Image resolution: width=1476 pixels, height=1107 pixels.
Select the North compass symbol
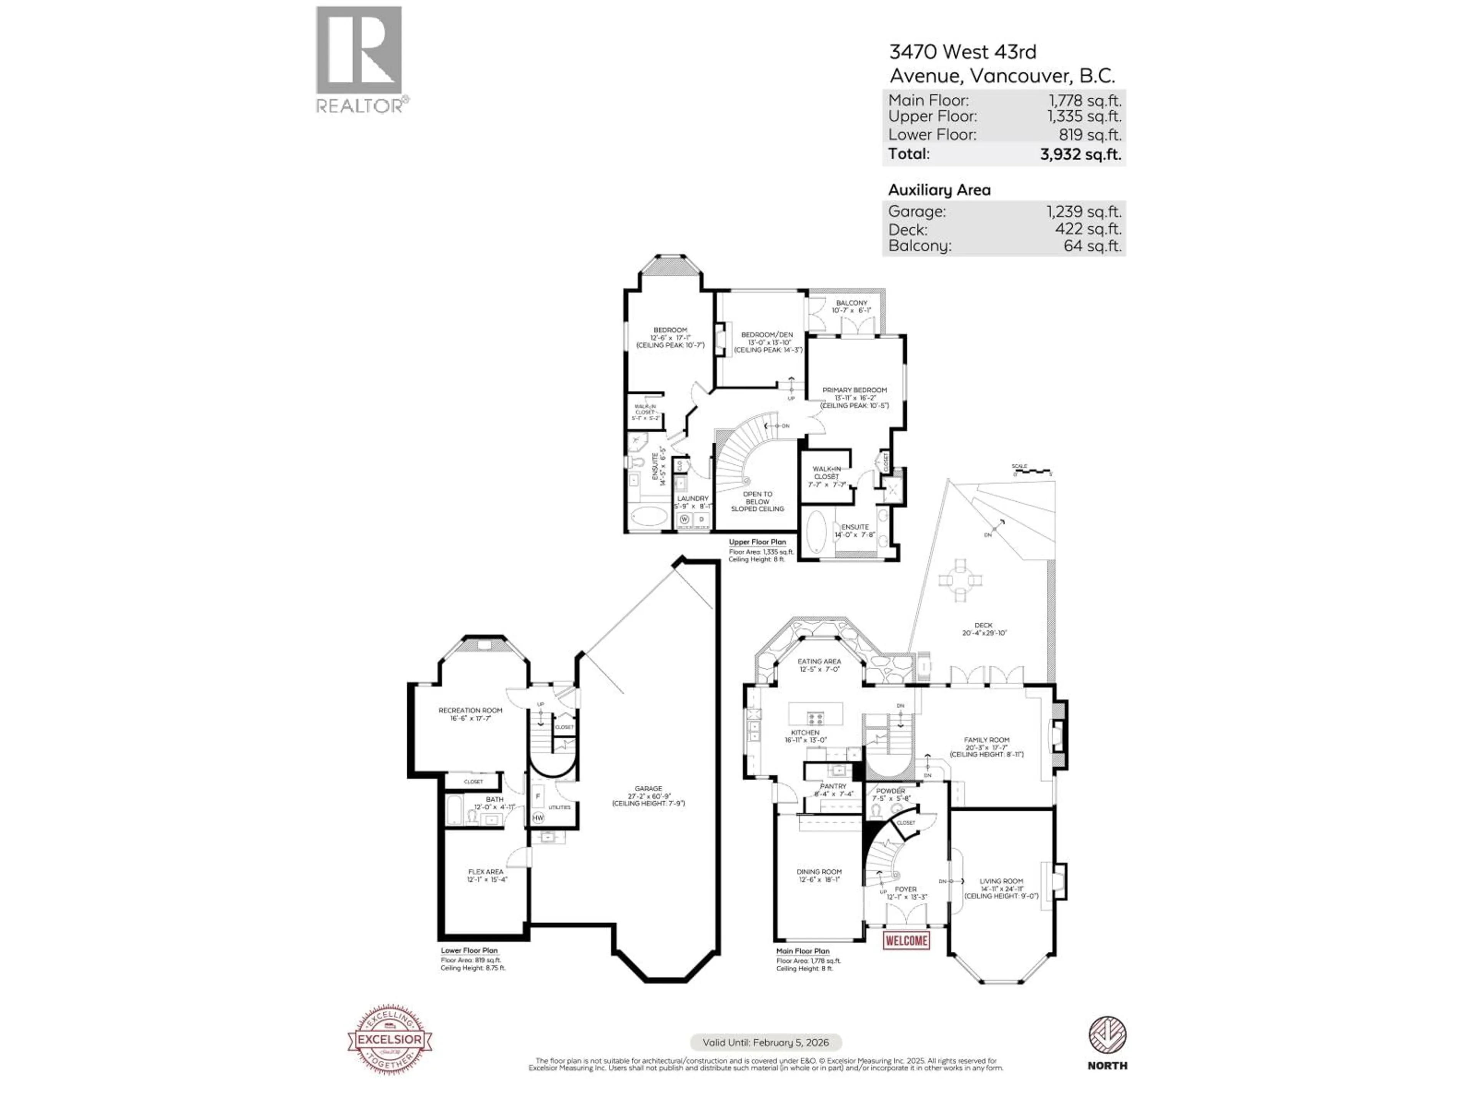(x=1107, y=1036)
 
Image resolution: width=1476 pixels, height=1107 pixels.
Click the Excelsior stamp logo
(x=390, y=1039)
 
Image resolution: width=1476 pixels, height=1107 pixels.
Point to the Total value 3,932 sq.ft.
(x=1080, y=154)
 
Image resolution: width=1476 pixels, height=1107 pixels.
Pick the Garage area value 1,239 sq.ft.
(x=1084, y=211)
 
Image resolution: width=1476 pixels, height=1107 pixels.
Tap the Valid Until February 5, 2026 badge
(x=765, y=1042)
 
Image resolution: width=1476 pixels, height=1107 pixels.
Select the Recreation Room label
(x=470, y=711)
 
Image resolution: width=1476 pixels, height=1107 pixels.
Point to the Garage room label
(x=648, y=789)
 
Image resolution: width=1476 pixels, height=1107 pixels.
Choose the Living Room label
(x=1001, y=881)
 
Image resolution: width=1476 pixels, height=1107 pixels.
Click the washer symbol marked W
(x=684, y=519)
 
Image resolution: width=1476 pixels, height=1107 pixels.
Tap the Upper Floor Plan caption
(x=757, y=542)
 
